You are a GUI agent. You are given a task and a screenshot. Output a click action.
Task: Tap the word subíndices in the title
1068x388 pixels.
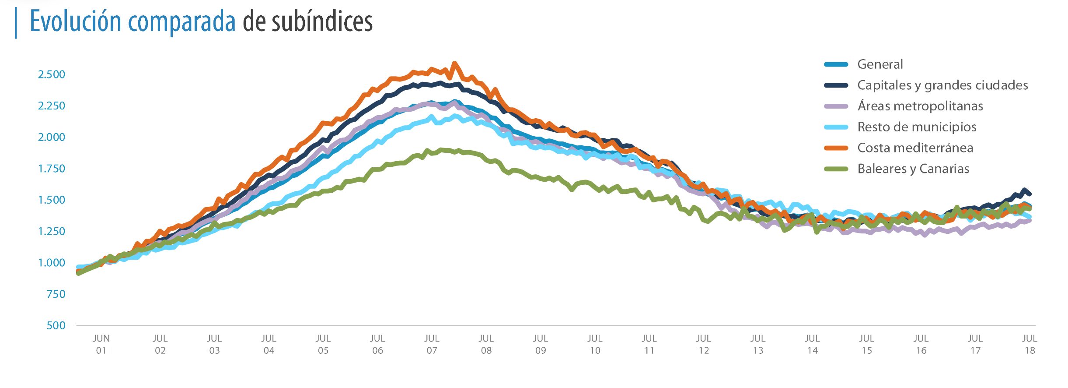[322, 21]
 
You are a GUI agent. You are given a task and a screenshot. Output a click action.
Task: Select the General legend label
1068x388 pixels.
[880, 64]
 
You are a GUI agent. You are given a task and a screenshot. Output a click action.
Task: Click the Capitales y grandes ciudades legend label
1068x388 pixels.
[942, 85]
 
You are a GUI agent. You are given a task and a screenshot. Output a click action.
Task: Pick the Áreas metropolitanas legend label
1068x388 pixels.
[920, 106]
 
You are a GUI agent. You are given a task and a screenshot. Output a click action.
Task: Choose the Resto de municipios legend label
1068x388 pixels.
[917, 127]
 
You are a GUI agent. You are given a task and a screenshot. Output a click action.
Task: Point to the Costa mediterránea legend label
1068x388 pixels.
[915, 148]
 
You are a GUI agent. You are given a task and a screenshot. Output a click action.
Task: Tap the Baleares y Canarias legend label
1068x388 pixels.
[913, 169]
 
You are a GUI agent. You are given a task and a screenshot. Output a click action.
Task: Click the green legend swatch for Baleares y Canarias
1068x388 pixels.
[836, 169]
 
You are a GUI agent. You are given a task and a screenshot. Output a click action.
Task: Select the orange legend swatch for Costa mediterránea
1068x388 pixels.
[836, 148]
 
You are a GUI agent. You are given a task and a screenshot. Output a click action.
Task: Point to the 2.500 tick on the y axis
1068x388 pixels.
[52, 74]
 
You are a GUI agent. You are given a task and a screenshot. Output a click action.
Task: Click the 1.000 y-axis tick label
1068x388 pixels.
[52, 263]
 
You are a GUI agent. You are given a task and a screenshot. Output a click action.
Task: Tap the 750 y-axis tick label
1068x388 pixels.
[56, 294]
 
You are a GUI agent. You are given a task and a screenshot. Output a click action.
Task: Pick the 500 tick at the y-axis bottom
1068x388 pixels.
[56, 325]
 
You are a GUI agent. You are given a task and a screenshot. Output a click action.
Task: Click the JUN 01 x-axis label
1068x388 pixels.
[101, 344]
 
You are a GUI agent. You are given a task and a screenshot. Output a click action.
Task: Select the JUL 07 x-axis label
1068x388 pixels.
[432, 344]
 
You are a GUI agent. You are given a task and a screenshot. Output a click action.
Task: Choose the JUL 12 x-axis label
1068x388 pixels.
[703, 344]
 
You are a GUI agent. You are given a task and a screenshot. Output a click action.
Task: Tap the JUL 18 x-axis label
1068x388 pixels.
[1030, 344]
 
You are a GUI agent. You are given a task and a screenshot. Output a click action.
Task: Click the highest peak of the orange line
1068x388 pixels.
[454, 63]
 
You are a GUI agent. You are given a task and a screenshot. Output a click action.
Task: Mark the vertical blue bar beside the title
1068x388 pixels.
[16, 23]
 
